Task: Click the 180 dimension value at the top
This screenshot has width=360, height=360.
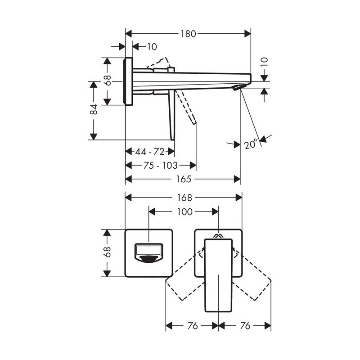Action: tap(188, 34)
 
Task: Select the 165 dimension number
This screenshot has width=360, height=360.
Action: tap(184, 179)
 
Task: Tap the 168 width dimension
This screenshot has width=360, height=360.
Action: tap(184, 198)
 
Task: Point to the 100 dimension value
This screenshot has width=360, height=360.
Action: tap(184, 211)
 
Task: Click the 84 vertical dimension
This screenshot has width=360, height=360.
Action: tap(94, 109)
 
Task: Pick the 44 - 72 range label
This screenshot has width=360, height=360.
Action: tap(150, 152)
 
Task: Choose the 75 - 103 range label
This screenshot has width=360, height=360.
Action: tap(160, 165)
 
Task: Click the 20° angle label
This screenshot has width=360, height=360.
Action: tap(250, 144)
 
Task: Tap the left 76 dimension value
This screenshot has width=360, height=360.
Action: tap(193, 325)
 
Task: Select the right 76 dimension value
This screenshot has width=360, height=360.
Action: tap(245, 325)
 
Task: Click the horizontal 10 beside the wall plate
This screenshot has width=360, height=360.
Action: tap(152, 47)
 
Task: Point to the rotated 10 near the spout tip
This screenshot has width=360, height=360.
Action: tap(265, 62)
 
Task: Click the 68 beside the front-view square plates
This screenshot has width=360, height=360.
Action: tap(107, 252)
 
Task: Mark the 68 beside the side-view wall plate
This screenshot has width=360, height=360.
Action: tap(107, 81)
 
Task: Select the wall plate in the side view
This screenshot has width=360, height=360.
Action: tap(128, 81)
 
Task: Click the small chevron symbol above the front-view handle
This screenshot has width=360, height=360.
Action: tap(218, 235)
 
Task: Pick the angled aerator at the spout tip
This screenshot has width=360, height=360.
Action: tap(239, 87)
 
